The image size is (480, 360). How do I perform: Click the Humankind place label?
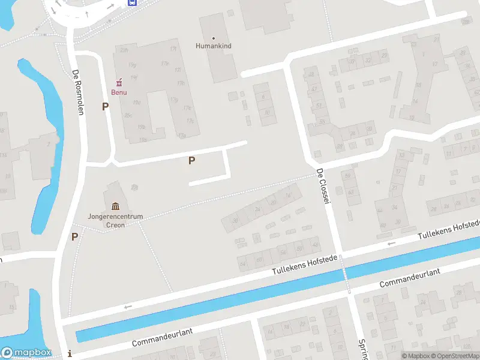point(213,46)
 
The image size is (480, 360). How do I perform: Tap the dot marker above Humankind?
point(213,38)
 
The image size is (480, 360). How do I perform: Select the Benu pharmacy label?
point(118,92)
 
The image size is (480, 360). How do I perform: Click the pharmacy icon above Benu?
point(118,82)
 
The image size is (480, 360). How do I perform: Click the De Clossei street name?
point(324,187)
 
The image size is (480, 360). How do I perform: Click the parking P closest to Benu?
point(106,107)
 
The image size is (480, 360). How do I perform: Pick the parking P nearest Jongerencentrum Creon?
point(75,236)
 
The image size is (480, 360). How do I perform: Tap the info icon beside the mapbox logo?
point(71,353)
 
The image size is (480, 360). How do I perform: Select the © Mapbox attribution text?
point(417,356)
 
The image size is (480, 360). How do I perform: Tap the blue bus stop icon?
point(132,2)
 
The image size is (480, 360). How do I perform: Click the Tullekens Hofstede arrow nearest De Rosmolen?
point(127,307)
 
